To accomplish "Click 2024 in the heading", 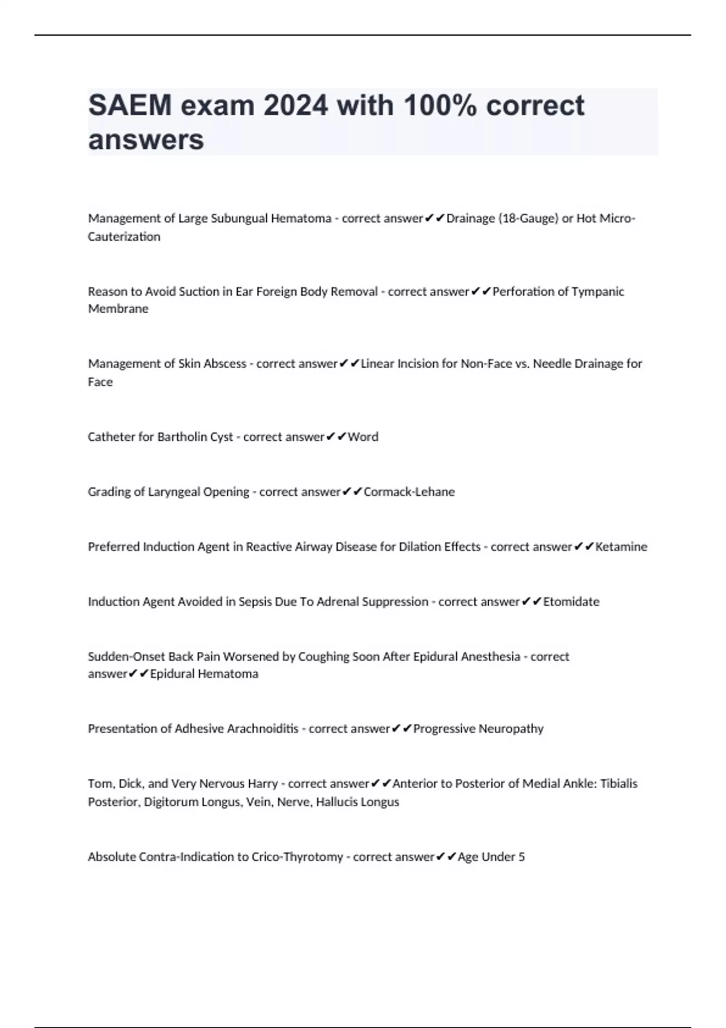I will point(295,106).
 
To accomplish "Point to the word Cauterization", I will point(124,236).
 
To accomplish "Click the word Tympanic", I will point(598,291).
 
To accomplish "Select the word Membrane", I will point(118,309).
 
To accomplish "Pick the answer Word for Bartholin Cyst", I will point(363,437).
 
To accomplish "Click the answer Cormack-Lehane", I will point(409,492).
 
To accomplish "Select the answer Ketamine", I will point(621,547).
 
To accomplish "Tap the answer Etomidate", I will point(571,602).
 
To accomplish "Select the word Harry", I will point(263,784).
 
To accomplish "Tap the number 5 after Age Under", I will point(522,857).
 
